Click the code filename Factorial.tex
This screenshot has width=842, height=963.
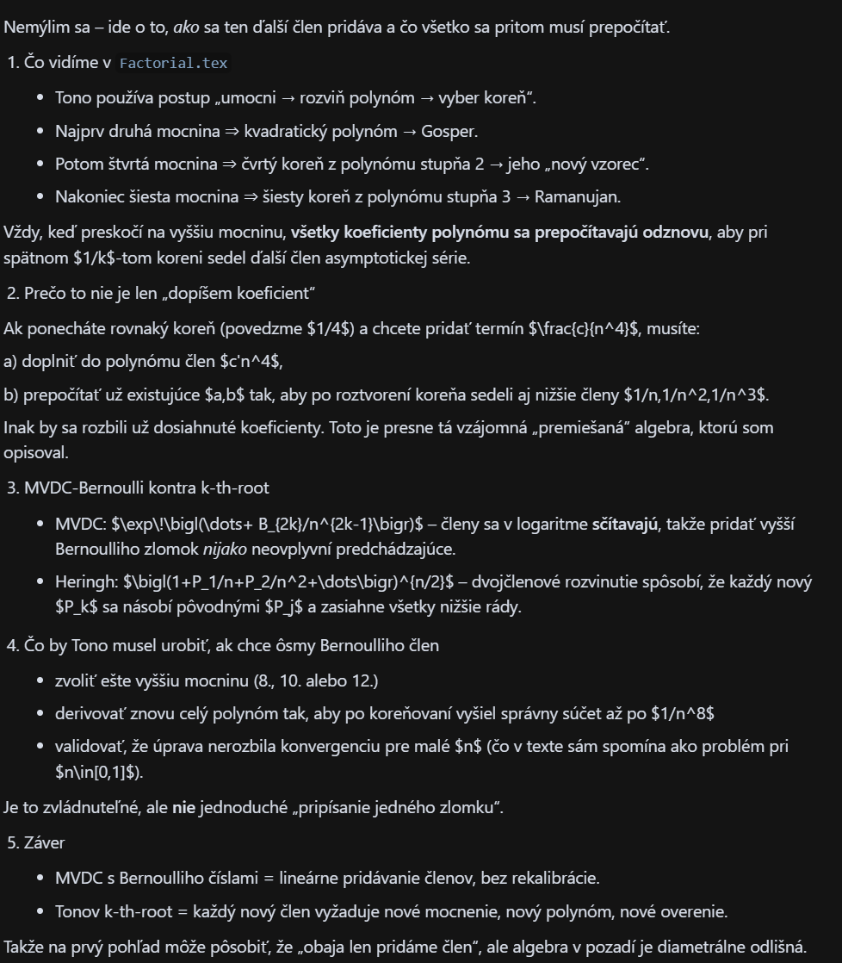[173, 64]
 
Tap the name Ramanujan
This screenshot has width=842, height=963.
[577, 196]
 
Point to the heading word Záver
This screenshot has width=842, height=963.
[44, 842]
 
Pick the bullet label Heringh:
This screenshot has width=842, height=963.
[83, 582]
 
